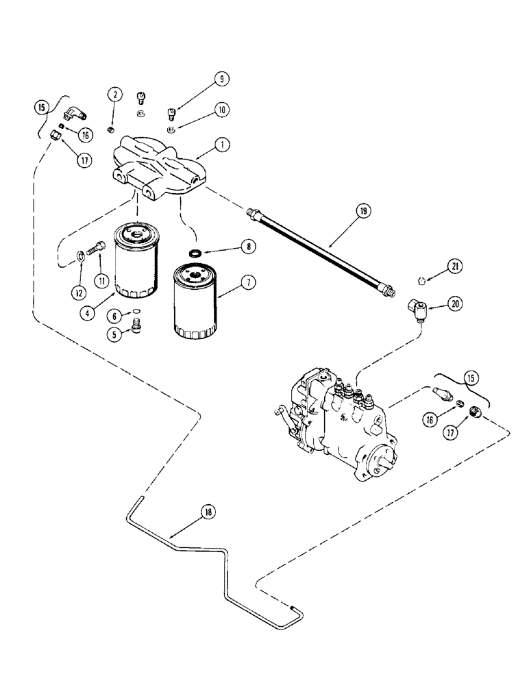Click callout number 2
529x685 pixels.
[114, 95]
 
